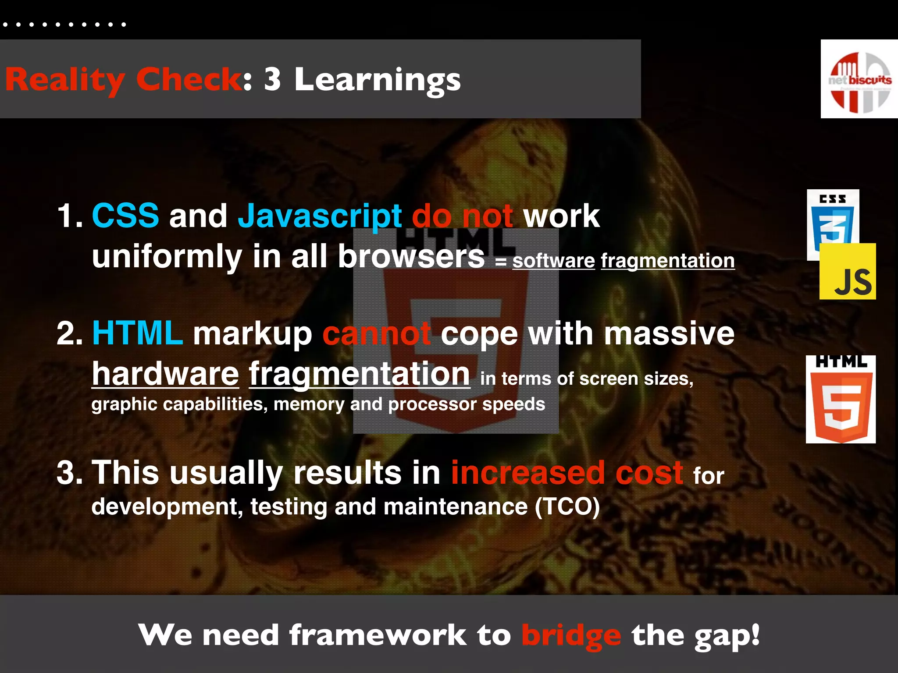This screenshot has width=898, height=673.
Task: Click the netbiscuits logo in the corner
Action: coord(859,79)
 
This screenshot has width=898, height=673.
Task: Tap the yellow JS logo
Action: coord(848,272)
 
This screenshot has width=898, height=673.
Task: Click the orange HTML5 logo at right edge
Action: coord(841,400)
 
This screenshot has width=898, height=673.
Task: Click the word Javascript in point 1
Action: coord(320,216)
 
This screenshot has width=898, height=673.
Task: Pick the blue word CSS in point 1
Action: coord(125,216)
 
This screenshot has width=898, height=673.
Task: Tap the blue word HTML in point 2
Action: coord(137,333)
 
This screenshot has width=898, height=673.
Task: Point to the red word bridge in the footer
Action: coord(571,636)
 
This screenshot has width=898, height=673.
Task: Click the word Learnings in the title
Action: coord(378,80)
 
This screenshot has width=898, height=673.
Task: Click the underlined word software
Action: coord(553,261)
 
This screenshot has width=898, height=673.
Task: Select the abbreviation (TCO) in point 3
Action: coord(567,507)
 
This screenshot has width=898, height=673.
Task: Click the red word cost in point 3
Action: coord(649,473)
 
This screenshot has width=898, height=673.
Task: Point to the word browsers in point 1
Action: coord(411,256)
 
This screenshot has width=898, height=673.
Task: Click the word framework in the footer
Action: coord(378,635)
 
